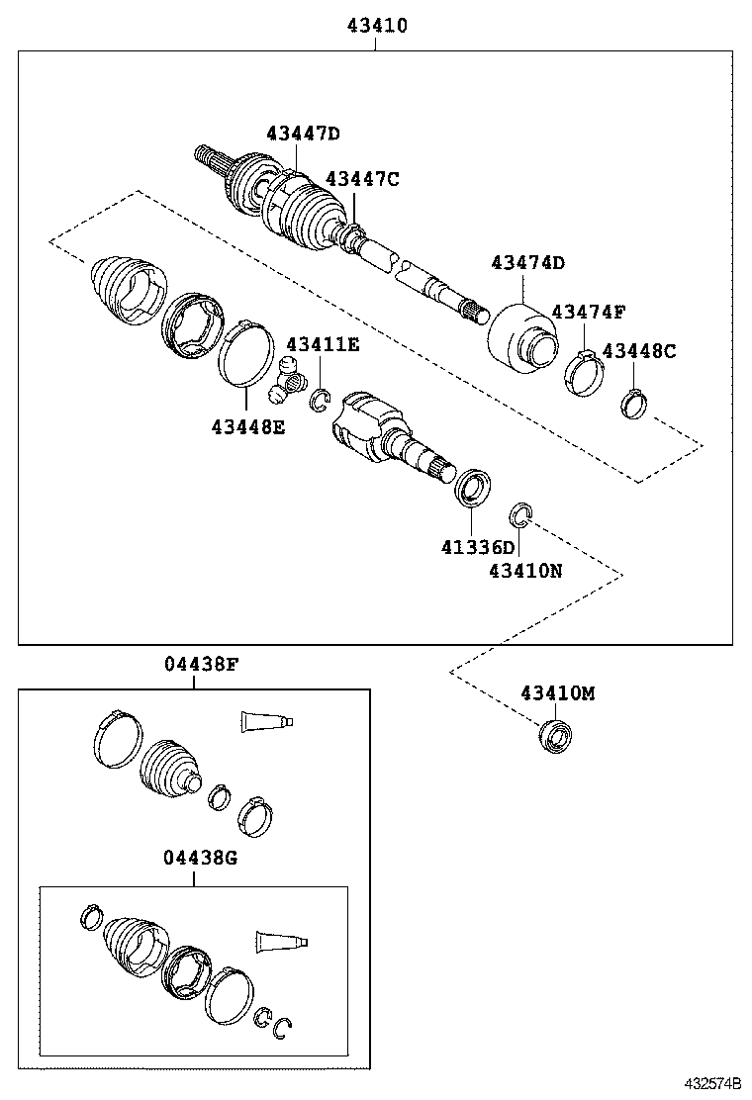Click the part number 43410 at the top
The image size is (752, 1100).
click(x=376, y=26)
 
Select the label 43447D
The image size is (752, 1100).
click(x=303, y=134)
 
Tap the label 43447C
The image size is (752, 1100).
click(x=362, y=179)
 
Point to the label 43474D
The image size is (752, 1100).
click(x=528, y=263)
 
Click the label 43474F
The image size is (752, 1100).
click(x=589, y=312)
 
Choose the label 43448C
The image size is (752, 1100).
click(x=639, y=350)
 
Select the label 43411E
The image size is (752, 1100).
click(x=323, y=344)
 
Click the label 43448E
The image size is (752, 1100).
click(x=247, y=426)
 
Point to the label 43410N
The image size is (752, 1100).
click(x=525, y=571)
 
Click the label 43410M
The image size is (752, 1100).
click(x=558, y=693)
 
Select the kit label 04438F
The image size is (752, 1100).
click(x=201, y=665)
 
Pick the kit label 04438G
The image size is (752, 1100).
click(x=201, y=858)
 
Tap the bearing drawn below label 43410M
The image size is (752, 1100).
click(x=555, y=736)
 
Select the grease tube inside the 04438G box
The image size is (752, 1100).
click(x=282, y=942)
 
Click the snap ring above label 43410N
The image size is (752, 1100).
click(x=521, y=514)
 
